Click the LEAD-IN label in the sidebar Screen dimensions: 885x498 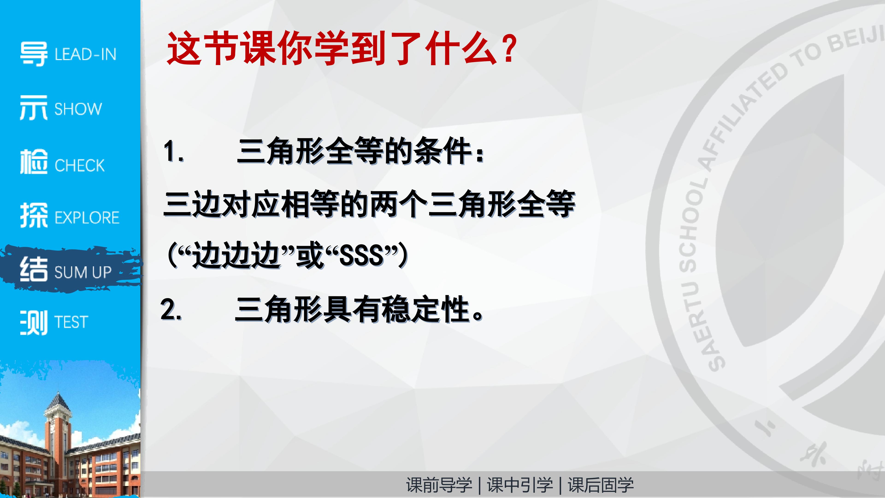[86, 55]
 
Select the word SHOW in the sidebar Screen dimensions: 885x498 [78, 109]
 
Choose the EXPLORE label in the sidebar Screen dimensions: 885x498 [87, 218]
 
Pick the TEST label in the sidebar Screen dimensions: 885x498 [71, 322]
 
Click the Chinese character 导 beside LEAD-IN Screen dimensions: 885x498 [34, 54]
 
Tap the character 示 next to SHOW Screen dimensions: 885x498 [34, 108]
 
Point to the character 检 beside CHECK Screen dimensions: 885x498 [34, 162]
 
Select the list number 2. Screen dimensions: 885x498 [171, 309]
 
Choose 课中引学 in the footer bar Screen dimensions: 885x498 [520, 485]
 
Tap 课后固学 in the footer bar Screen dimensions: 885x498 [601, 485]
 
